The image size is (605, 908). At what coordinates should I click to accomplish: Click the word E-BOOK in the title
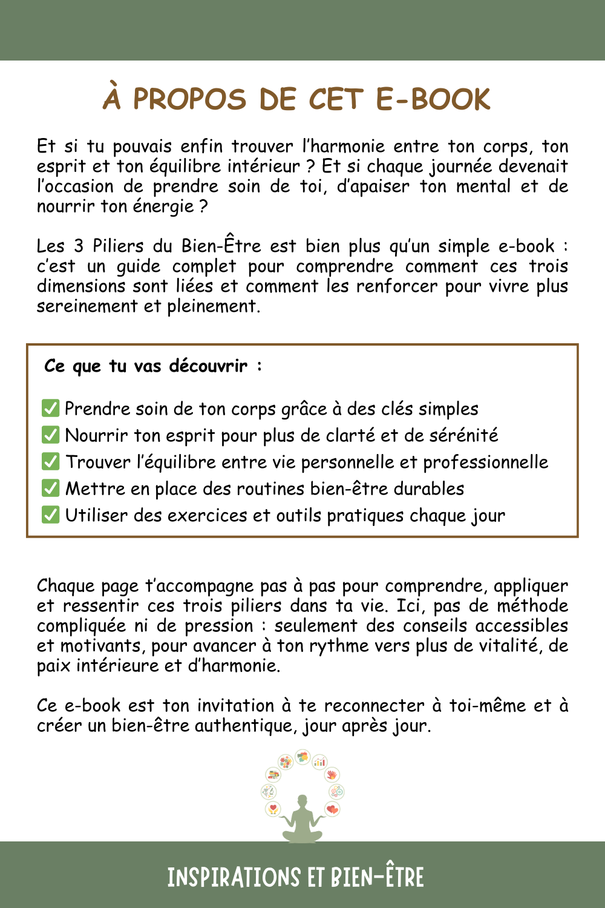pos(433,99)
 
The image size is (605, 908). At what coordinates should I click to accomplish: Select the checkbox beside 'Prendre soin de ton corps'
pos(50,408)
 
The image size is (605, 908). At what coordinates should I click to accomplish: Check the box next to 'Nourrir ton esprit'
pos(50,435)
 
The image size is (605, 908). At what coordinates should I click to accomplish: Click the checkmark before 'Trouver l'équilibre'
pos(50,461)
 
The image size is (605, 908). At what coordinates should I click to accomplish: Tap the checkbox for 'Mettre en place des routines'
pos(50,488)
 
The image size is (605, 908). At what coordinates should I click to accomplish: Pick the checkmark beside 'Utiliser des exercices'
pos(50,515)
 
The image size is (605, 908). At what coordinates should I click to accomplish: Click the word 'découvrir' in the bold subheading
pos(208,366)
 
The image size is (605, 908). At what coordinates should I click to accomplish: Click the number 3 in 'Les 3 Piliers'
pos(79,246)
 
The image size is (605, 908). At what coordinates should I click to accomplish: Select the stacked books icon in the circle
pos(273,775)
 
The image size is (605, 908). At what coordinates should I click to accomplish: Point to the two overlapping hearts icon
pos(332,809)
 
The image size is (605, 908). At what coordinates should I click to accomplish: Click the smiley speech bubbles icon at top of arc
pos(302,757)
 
